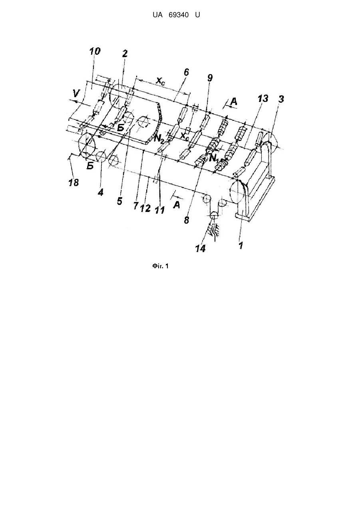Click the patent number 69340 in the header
click(179, 15)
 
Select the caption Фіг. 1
click(160, 266)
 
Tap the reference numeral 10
click(94, 51)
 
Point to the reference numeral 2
click(125, 54)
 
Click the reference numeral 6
click(186, 72)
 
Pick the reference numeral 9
click(210, 78)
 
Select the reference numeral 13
click(263, 99)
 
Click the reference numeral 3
click(281, 99)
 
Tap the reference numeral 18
click(74, 182)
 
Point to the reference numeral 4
click(100, 192)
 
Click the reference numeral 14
click(200, 249)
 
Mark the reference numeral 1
click(241, 246)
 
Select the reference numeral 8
click(187, 220)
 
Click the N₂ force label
click(159, 138)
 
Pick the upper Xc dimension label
click(160, 81)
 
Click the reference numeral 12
click(145, 208)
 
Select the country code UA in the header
click(158, 15)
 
